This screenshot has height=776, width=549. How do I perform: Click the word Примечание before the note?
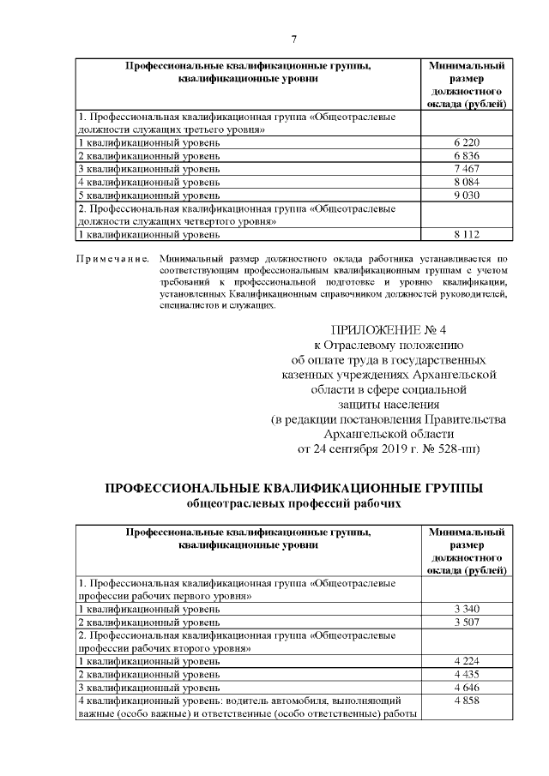click(112, 258)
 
